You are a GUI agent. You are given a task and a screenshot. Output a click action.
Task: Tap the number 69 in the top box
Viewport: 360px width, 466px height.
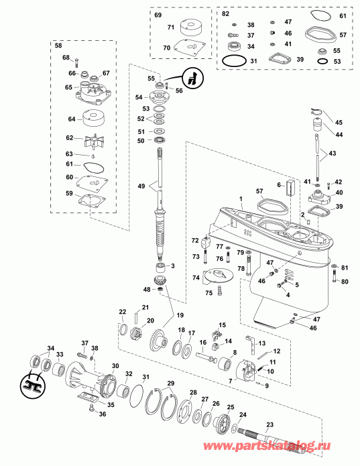tap(158, 14)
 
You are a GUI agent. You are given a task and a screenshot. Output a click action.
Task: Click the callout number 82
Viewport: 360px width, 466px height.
tap(225, 14)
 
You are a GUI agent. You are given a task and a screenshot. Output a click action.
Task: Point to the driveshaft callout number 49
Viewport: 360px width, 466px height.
tap(140, 186)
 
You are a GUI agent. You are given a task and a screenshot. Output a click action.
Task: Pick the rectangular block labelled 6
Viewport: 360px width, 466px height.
tap(290, 188)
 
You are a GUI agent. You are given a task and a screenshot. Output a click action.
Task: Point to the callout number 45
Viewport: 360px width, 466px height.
tap(339, 122)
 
